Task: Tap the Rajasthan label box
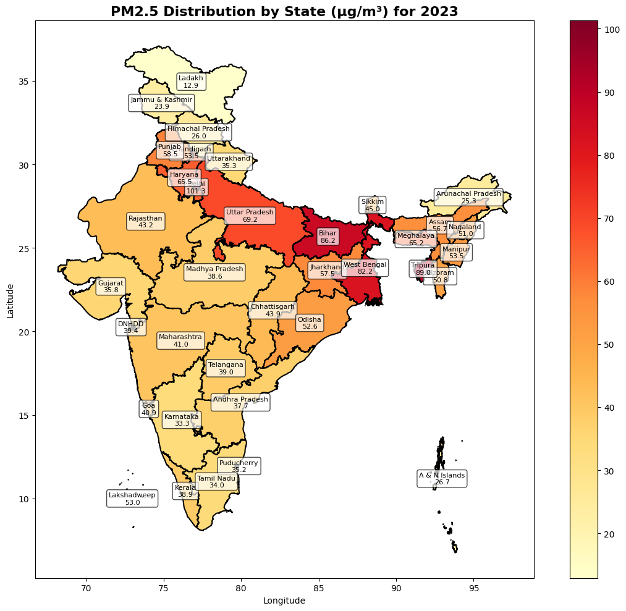pyautogui.click(x=145, y=222)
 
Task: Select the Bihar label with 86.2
pyautogui.click(x=328, y=237)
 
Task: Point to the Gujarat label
pyautogui.click(x=111, y=287)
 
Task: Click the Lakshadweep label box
pyautogui.click(x=132, y=499)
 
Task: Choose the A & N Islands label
pyautogui.click(x=442, y=479)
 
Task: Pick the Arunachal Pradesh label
pyautogui.click(x=468, y=197)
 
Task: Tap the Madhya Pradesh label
pyautogui.click(x=214, y=272)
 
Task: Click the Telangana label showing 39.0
pyautogui.click(x=226, y=368)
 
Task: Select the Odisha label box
pyautogui.click(x=310, y=323)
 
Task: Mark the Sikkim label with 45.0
pyautogui.click(x=372, y=205)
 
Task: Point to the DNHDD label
pyautogui.click(x=130, y=327)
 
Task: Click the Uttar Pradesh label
pyautogui.click(x=250, y=216)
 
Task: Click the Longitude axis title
pyautogui.click(x=284, y=600)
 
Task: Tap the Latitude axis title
pyautogui.click(x=11, y=300)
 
